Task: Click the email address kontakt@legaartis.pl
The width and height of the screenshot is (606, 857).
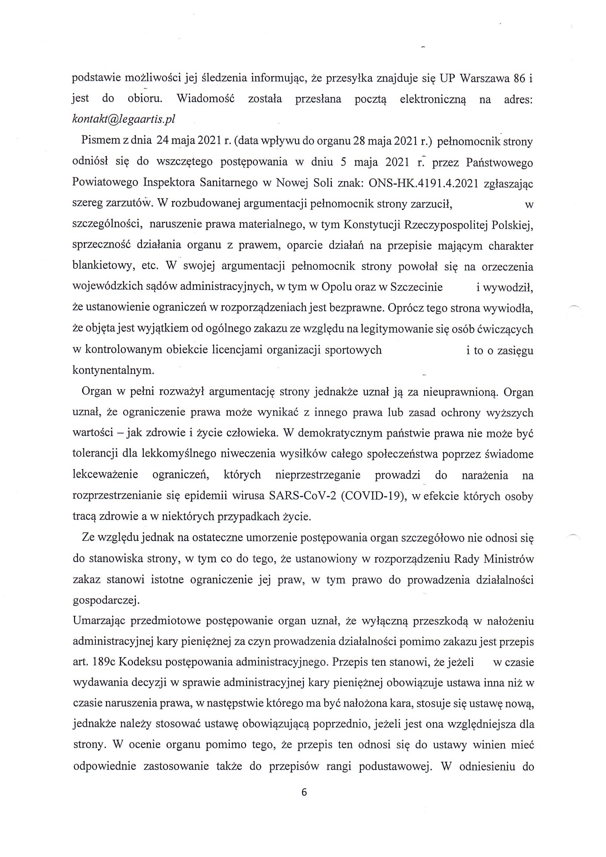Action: (123, 119)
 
